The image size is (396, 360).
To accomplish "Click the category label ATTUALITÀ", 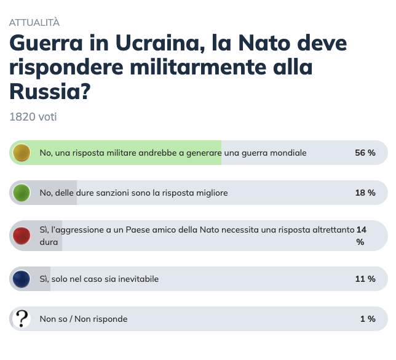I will point(34,23).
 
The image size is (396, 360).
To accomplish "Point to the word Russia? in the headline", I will point(50,92).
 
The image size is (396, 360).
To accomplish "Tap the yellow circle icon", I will point(22,153).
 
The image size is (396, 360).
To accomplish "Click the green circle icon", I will point(22,193).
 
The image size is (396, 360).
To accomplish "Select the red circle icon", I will point(22,236).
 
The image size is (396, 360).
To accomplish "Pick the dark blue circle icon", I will point(22,279).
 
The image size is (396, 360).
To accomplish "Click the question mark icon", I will point(22,319).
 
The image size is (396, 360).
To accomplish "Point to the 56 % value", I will point(365,153).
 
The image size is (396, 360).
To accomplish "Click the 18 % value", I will point(365,193).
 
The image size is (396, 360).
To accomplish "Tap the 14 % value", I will point(361,236).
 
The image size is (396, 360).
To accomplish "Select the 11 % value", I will point(365,279).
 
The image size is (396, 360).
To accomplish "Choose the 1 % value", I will point(368,319).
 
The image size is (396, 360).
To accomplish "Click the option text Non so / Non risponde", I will point(84,319).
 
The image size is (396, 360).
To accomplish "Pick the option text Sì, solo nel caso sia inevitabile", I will point(99,279).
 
